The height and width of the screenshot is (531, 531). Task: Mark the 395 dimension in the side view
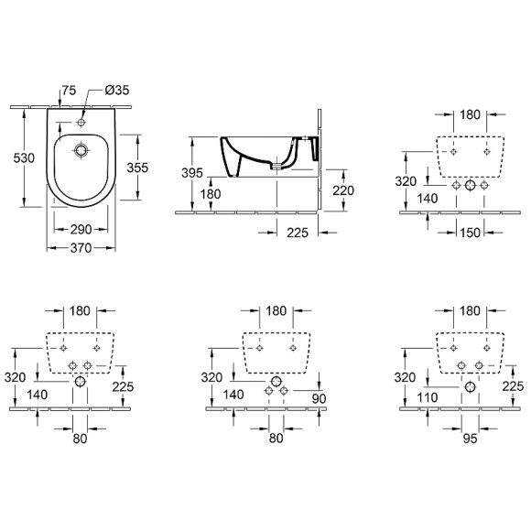click(192, 174)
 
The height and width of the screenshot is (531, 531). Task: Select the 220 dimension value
click(342, 190)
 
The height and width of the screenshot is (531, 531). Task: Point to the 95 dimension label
click(470, 438)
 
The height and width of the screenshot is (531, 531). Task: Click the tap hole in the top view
click(81, 120)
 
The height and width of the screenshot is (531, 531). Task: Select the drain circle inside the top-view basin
click(81, 149)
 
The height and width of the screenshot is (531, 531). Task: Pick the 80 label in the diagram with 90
click(275, 438)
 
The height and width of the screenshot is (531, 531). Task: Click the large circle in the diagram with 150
click(471, 185)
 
